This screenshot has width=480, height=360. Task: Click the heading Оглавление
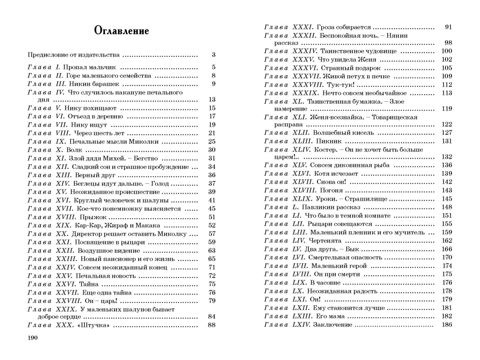(121, 31)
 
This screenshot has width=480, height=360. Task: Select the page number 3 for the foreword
(213, 55)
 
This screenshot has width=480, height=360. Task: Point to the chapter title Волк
(74, 150)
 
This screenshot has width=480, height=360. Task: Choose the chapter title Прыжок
(93, 217)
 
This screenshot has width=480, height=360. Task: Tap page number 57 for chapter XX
(212, 234)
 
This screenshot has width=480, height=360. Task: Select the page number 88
(212, 325)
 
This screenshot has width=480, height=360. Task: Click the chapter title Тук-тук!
(341, 85)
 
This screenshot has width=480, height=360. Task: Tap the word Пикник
(329, 141)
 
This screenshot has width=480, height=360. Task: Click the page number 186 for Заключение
(447, 325)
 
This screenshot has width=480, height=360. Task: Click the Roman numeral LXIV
(301, 325)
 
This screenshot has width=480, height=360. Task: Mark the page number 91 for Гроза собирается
(448, 27)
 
